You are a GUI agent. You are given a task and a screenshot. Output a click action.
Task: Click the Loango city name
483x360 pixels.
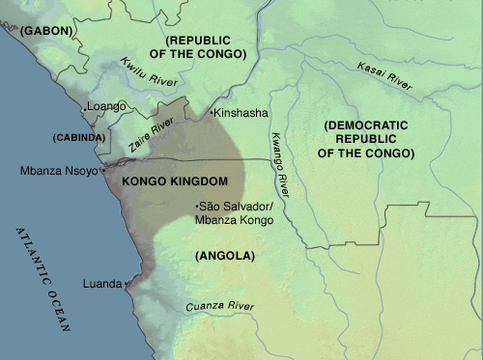(108, 106)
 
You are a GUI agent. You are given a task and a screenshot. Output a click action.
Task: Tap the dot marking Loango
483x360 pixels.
(86, 106)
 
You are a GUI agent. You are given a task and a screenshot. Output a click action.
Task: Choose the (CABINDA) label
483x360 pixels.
(78, 138)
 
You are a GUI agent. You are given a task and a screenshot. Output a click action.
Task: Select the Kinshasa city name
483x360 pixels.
(242, 113)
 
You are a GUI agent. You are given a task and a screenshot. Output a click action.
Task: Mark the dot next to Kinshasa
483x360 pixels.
(213, 113)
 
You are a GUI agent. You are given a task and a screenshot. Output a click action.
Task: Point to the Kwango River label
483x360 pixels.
(282, 158)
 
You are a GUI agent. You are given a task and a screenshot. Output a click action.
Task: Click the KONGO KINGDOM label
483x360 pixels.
(175, 181)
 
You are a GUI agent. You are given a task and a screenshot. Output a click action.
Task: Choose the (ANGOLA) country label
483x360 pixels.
(223, 257)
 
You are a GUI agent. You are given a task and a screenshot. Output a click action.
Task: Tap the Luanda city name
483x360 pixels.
(101, 284)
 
